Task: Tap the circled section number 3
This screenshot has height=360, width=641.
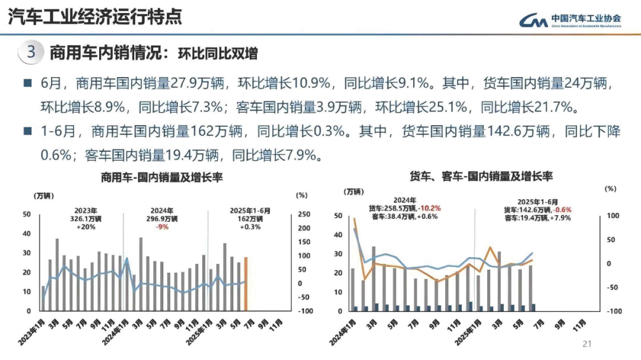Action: pos(31,52)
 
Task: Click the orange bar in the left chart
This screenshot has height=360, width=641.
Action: pos(246,283)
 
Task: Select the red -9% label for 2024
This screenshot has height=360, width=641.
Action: pos(162,227)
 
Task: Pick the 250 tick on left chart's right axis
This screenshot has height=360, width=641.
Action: pos(303,215)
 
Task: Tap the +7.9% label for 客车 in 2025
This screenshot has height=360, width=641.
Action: pos(561,218)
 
